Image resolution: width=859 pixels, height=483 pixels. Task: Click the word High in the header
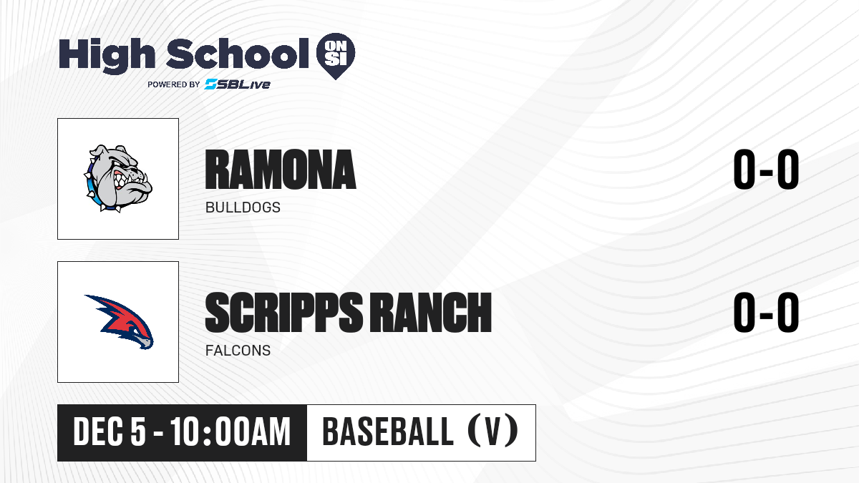[x=107, y=55]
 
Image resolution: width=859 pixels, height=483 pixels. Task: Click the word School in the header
[x=238, y=53]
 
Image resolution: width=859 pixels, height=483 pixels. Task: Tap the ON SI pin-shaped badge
[x=336, y=56]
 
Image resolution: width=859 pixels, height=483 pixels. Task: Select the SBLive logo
[x=238, y=84]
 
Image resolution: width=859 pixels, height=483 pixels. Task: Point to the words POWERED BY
[x=174, y=84]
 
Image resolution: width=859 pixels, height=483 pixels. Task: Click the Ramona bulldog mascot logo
[x=118, y=178]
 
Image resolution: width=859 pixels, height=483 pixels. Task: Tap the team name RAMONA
[x=281, y=170]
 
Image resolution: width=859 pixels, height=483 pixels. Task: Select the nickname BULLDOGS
[x=243, y=208]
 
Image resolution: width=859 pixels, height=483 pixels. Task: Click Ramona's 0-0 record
[x=766, y=169]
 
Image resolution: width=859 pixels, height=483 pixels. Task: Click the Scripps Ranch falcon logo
[x=119, y=321]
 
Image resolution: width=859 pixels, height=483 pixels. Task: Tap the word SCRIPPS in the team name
[x=283, y=313]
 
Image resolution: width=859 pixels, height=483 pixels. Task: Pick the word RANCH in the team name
[x=430, y=313]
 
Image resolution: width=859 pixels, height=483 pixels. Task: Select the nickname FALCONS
[x=238, y=351]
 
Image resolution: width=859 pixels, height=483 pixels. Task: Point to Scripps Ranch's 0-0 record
[x=766, y=312]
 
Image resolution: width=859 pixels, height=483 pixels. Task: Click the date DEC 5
[x=110, y=432]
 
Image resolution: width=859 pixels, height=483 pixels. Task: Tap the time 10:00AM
[x=230, y=432]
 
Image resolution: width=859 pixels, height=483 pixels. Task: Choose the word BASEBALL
[x=388, y=431]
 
